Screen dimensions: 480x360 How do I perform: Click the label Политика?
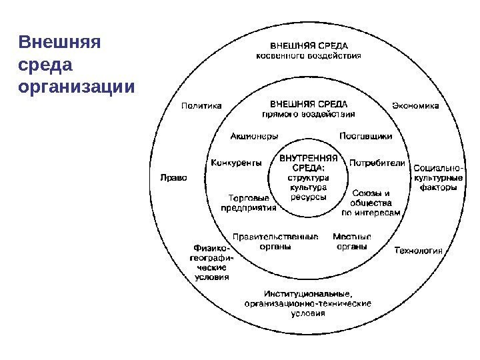202,105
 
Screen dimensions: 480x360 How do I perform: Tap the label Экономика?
415,105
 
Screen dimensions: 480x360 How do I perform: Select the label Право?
174,177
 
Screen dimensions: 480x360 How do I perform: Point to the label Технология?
419,251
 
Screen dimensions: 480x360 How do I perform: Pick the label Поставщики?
365,136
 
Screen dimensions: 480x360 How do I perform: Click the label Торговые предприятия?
249,203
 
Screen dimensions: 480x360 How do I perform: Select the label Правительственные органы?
275,241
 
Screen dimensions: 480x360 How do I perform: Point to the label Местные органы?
351,241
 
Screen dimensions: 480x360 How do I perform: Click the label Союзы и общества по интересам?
371,203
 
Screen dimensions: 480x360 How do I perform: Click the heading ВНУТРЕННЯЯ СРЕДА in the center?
308,163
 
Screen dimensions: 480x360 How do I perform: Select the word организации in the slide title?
77,87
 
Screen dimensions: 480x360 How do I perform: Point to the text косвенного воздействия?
309,56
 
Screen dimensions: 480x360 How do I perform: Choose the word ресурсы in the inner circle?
307,198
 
